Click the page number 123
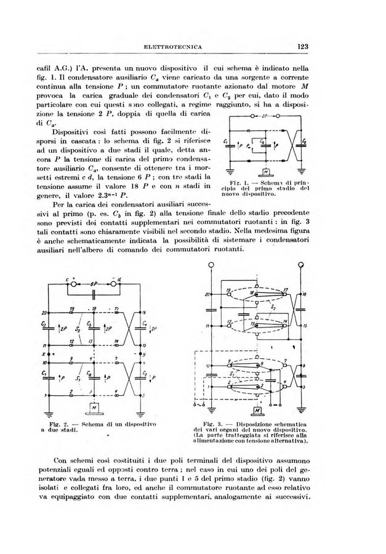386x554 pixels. pos(302,46)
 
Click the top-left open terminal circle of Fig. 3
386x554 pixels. pos(211,265)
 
